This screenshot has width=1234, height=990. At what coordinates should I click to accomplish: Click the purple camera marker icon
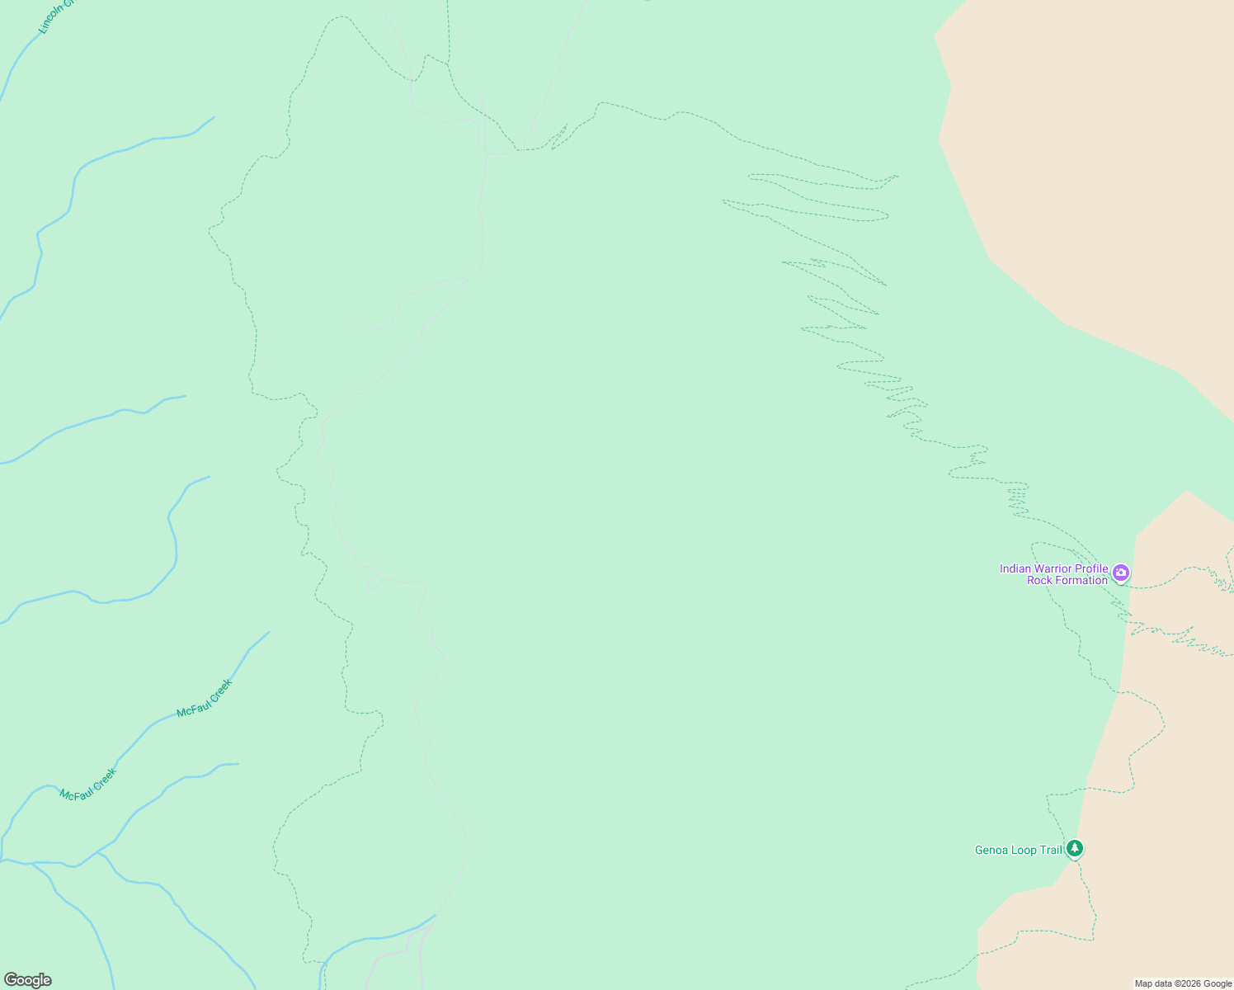pyautogui.click(x=1120, y=573)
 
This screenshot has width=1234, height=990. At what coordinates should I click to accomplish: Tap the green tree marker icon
pyautogui.click(x=1074, y=848)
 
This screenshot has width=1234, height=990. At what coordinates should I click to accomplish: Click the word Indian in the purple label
pyautogui.click(x=1017, y=568)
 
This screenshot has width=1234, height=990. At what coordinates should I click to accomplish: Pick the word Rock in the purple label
pyautogui.click(x=1039, y=581)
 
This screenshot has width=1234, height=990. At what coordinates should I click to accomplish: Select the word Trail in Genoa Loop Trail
pyautogui.click(x=1051, y=851)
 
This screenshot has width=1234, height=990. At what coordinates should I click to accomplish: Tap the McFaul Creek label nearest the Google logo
pyautogui.click(x=88, y=784)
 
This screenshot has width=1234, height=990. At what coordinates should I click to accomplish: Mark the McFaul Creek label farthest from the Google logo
pyautogui.click(x=205, y=698)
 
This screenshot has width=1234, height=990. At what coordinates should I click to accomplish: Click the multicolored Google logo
pyautogui.click(x=27, y=980)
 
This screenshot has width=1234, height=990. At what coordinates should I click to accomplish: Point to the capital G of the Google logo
pyautogui.click(x=10, y=980)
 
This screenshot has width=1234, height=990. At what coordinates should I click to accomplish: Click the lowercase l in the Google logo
pyautogui.click(x=41, y=979)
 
